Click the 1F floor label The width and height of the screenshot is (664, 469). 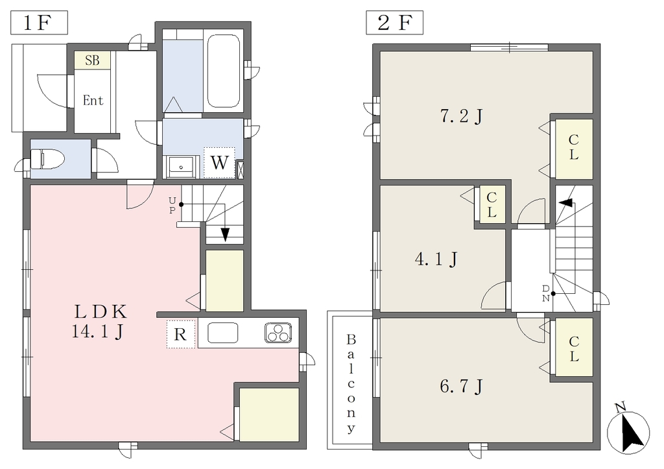pyautogui.click(x=39, y=23)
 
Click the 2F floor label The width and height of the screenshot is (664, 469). pyautogui.click(x=394, y=23)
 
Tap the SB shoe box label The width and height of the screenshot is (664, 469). pyautogui.click(x=92, y=60)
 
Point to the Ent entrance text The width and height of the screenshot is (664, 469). pyautogui.click(x=93, y=101)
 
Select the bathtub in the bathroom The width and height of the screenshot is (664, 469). pyautogui.click(x=224, y=71)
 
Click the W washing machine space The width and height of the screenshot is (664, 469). pyautogui.click(x=219, y=163)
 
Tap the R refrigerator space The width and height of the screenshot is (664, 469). pyautogui.click(x=181, y=334)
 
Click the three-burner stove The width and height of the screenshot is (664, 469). pyautogui.click(x=278, y=332)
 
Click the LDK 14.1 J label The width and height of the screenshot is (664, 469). pyautogui.click(x=99, y=322)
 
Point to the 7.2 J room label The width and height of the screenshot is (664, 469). pyautogui.click(x=462, y=115)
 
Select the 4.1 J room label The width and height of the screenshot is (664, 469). pyautogui.click(x=436, y=259)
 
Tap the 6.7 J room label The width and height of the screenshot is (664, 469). pyautogui.click(x=462, y=387)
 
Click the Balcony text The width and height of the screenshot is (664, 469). pyautogui.click(x=351, y=384)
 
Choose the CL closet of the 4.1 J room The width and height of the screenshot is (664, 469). pyautogui.click(x=492, y=204)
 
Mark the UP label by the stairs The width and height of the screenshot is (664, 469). pyautogui.click(x=172, y=205)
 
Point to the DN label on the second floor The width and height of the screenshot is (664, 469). pyautogui.click(x=546, y=293)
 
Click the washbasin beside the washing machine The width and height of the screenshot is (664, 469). pyautogui.click(x=182, y=167)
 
